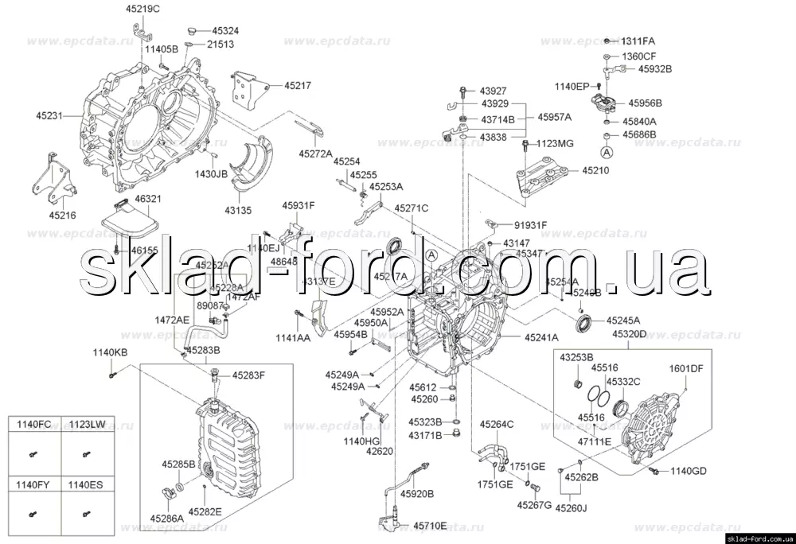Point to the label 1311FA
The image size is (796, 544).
pyautogui.click(x=638, y=41)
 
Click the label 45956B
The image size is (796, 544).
pyautogui.click(x=645, y=103)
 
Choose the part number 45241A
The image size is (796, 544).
pyautogui.click(x=541, y=337)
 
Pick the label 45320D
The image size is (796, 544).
pyautogui.click(x=630, y=336)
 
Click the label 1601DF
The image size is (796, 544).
pyautogui.click(x=685, y=368)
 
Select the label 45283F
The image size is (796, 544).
pyautogui.click(x=248, y=375)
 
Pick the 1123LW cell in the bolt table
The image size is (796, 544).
pyautogui.click(x=84, y=425)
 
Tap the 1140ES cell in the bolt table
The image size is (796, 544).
pyautogui.click(x=84, y=484)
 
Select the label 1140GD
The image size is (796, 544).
pyautogui.click(x=687, y=472)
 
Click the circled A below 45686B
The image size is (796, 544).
pyautogui.click(x=607, y=151)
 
